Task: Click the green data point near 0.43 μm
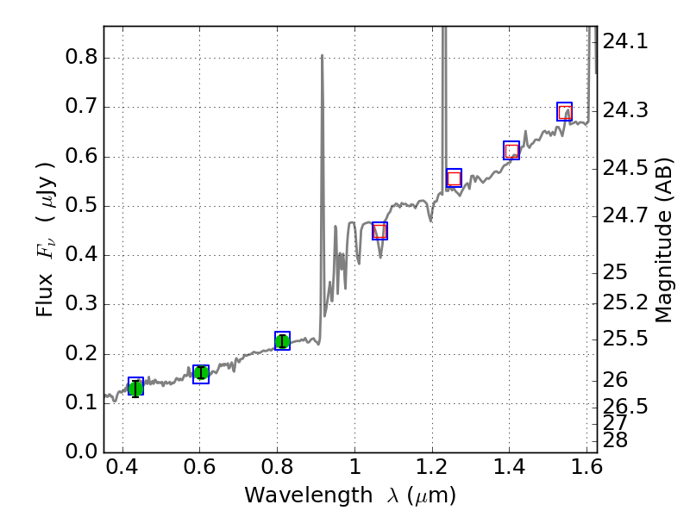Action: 135,387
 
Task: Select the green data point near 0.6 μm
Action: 201,373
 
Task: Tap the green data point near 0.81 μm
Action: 282,340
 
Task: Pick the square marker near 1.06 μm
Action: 379,231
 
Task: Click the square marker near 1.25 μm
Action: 454,178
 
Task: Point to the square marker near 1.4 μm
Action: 511,151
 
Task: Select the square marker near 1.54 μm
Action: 565,112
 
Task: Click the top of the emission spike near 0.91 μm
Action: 322,56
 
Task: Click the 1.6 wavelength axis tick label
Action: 586,470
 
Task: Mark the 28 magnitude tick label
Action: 616,440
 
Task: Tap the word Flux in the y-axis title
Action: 45,294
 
